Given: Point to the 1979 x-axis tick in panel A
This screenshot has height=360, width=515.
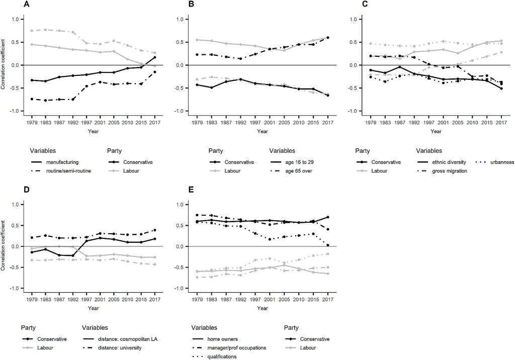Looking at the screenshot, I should (x=32, y=122).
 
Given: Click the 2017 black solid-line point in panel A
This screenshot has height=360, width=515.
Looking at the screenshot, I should (x=154, y=57).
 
